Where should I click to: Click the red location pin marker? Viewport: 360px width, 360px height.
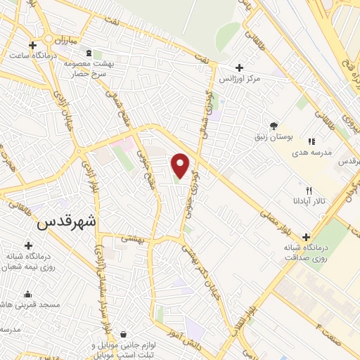pos(181,165)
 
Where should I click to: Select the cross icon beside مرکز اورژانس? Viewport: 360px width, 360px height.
pos(240,68)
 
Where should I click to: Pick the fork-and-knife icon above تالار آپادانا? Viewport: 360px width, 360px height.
pos(308,191)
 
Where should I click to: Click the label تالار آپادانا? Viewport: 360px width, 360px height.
pos(309,202)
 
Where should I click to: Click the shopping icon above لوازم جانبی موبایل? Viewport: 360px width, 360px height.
pos(124,333)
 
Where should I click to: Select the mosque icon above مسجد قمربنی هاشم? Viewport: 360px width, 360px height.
pos(27,295)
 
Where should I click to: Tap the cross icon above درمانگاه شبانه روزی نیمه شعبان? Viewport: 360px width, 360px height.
pos(28,246)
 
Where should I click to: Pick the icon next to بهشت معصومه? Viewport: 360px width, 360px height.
pos(88,53)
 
